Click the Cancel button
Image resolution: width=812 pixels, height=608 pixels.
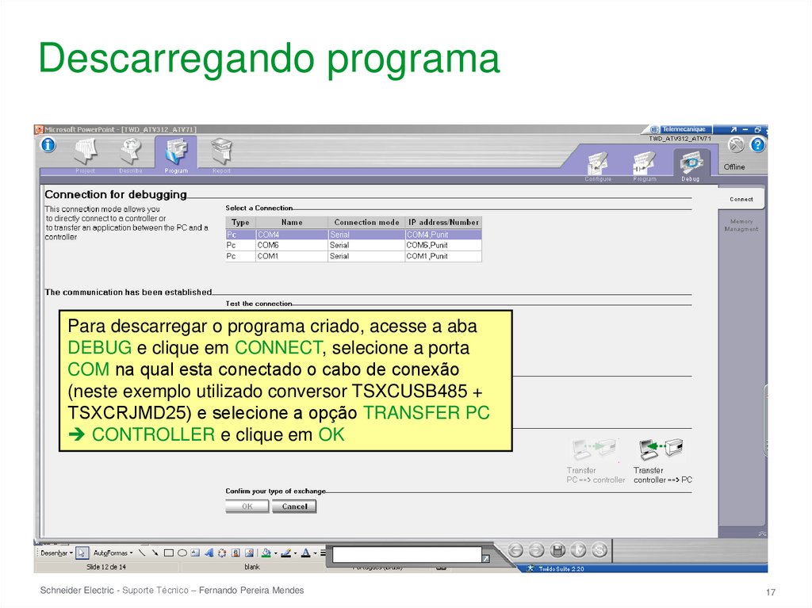click(294, 507)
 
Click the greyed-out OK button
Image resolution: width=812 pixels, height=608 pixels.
click(247, 507)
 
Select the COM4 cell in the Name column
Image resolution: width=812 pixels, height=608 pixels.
click(291, 235)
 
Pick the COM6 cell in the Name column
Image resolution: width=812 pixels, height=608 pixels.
click(291, 246)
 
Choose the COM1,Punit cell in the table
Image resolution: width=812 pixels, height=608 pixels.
click(442, 257)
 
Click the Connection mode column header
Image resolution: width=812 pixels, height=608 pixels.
click(366, 223)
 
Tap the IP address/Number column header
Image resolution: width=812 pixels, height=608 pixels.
click(442, 223)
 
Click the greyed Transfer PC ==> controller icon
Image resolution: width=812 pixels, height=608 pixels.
click(595, 451)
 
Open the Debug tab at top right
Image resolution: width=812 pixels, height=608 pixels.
click(691, 164)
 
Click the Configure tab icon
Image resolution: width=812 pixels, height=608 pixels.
click(598, 164)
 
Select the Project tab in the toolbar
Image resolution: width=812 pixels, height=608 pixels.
click(85, 153)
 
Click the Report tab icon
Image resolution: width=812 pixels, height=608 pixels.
click(222, 153)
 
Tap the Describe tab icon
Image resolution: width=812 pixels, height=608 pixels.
click(131, 153)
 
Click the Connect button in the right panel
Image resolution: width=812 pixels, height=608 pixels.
click(741, 199)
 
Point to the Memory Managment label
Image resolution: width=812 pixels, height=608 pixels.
click(741, 225)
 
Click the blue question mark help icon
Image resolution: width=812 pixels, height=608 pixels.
click(758, 145)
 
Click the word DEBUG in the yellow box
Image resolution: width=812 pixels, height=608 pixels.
click(100, 348)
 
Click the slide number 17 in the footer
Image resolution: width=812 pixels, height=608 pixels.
click(770, 594)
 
